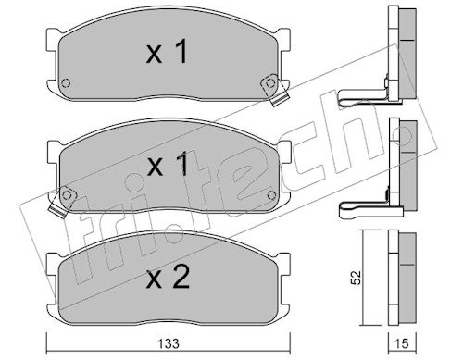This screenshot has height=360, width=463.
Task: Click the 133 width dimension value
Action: tap(169, 343)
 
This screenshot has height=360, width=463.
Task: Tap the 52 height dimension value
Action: tap(357, 278)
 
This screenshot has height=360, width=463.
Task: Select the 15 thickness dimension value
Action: tap(402, 343)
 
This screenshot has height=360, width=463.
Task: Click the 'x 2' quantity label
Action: tap(168, 277)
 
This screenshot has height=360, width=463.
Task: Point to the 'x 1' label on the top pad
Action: tap(167, 52)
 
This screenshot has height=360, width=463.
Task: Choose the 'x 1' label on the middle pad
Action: tap(168, 164)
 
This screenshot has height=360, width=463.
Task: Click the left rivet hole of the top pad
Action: tap(66, 83)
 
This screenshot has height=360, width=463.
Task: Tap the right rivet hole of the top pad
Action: tap(270, 82)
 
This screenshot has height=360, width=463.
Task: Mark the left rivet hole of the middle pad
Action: tap(67, 195)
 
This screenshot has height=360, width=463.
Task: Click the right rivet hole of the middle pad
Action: tap(271, 195)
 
